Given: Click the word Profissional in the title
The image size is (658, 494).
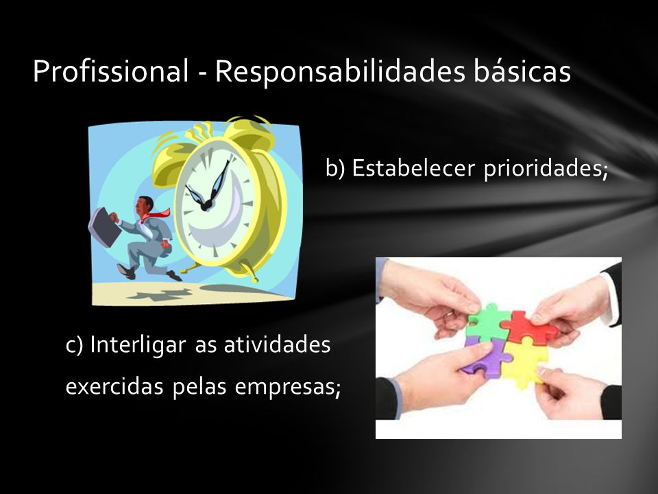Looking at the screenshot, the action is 111,71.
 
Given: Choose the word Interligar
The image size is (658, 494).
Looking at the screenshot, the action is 138,346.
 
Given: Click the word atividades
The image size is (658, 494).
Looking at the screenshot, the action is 277,344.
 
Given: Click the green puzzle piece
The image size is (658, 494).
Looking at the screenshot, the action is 488,322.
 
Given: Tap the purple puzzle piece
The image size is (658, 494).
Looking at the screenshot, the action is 487,356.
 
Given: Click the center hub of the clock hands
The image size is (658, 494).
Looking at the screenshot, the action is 206,205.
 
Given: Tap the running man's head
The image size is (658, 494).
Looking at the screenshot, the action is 144,205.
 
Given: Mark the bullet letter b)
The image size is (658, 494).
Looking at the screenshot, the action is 335,168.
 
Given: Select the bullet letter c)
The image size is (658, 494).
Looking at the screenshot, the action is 75,346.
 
